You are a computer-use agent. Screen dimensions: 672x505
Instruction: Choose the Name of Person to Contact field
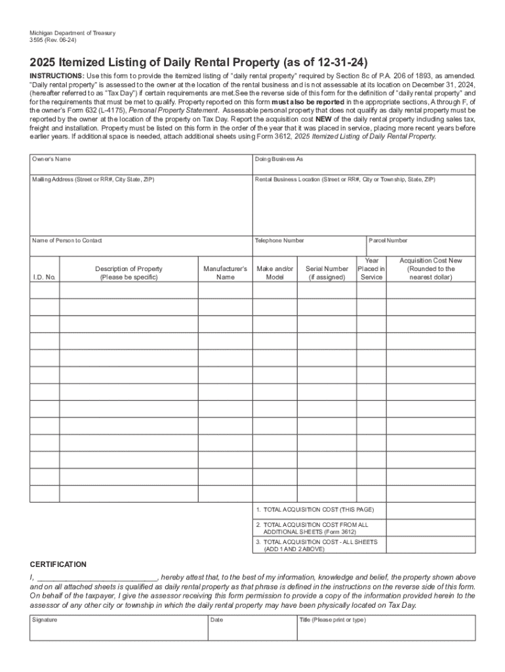pyautogui.click(x=141, y=246)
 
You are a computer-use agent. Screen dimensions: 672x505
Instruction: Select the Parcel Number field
pyautogui.click(x=420, y=246)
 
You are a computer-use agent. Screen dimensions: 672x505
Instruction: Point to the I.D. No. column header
pyautogui.click(x=45, y=277)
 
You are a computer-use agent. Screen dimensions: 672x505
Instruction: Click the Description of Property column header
pyautogui.click(x=129, y=273)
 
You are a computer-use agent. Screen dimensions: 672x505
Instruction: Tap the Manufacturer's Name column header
pyautogui.click(x=225, y=273)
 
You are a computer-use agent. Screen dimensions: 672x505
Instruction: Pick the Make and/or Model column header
pyautogui.click(x=275, y=273)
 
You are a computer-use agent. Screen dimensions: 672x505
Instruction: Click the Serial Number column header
pyautogui.click(x=327, y=273)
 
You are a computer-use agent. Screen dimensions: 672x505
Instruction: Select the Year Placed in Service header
pyautogui.click(x=371, y=269)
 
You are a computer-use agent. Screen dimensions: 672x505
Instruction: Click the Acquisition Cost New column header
pyautogui.click(x=430, y=269)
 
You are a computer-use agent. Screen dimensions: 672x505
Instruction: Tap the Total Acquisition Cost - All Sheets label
pyautogui.click(x=317, y=545)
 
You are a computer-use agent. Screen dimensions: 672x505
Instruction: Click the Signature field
pyautogui.click(x=119, y=628)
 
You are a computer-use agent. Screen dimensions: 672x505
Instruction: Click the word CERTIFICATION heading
pyautogui.click(x=58, y=564)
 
